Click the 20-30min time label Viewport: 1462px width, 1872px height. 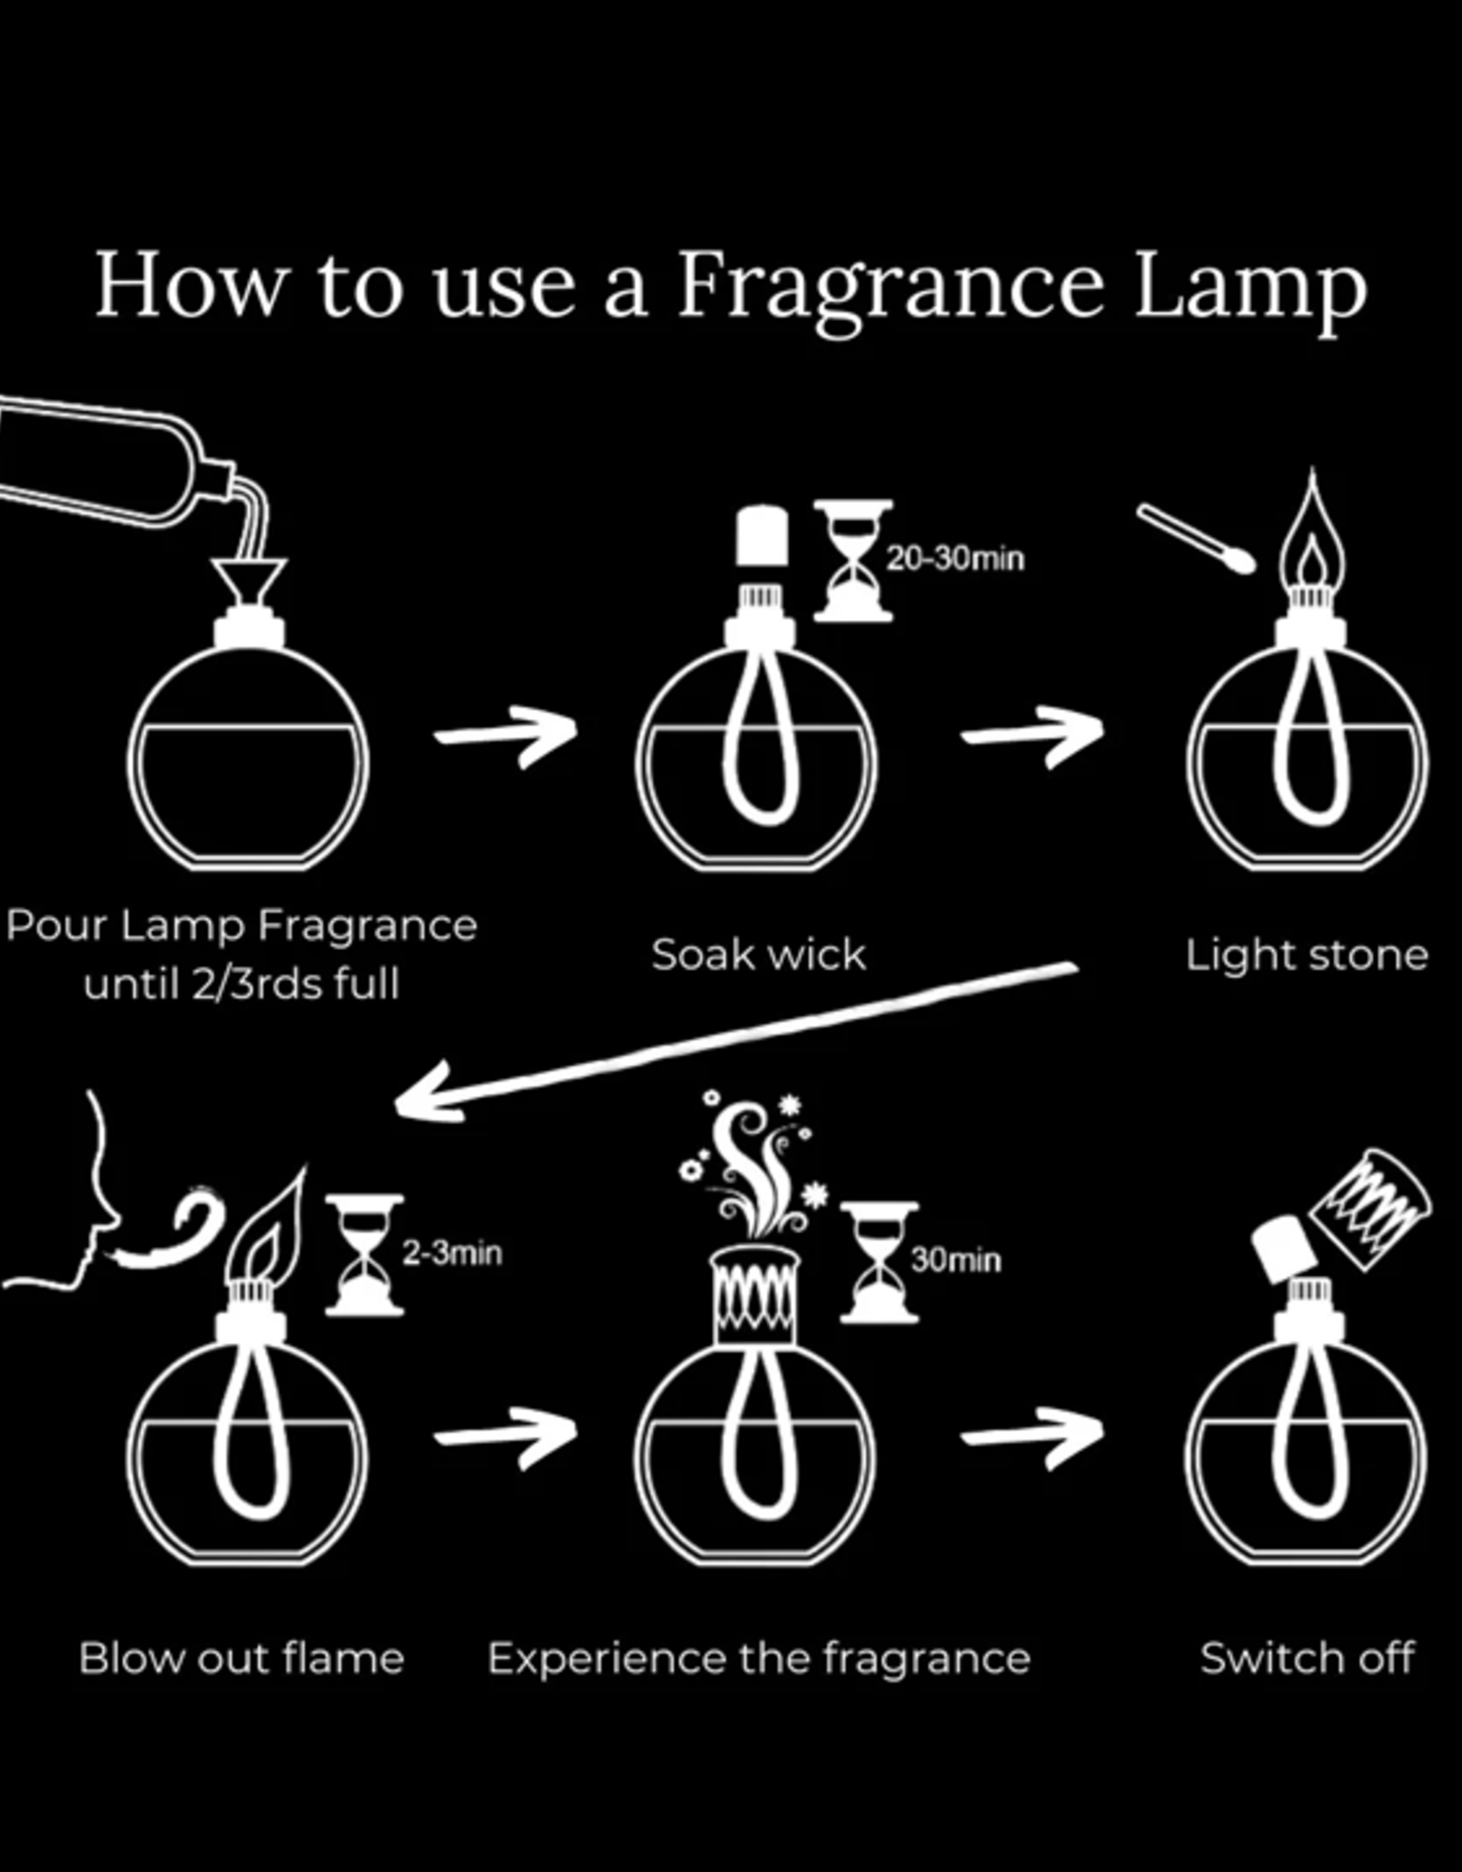click(x=956, y=558)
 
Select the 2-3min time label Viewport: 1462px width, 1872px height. click(x=452, y=1252)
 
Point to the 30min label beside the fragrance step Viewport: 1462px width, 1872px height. click(x=956, y=1260)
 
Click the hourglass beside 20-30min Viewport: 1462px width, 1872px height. click(x=853, y=560)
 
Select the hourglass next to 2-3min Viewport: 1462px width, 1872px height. click(x=365, y=1255)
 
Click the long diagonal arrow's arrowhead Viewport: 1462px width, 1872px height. click(x=429, y=1092)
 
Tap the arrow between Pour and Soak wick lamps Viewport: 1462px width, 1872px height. click(x=505, y=734)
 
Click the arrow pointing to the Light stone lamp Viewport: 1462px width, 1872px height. click(x=1033, y=734)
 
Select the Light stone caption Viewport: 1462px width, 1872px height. click(x=1307, y=956)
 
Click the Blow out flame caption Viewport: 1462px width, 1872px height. click(x=241, y=1658)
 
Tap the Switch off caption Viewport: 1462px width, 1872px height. click(x=1308, y=1657)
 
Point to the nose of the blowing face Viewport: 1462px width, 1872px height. click(x=111, y=1216)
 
